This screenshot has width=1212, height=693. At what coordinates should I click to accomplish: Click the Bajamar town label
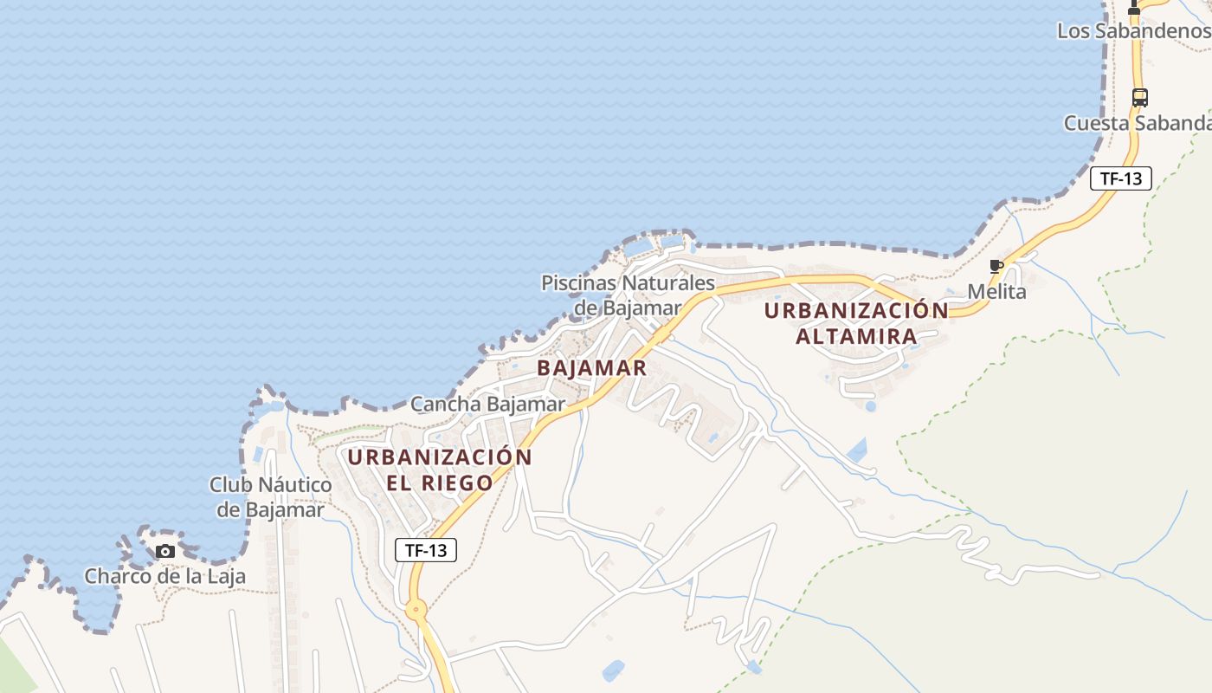click(591, 367)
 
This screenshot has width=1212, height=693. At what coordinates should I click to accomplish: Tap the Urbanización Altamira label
click(856, 323)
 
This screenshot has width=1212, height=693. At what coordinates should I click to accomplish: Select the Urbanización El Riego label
click(440, 470)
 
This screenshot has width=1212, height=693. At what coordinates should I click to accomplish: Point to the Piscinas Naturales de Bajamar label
click(629, 295)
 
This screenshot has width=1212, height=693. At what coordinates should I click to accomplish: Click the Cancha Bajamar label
click(487, 404)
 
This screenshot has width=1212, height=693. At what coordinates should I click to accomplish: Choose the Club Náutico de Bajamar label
click(270, 496)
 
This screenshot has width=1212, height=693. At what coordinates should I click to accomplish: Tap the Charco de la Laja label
click(164, 576)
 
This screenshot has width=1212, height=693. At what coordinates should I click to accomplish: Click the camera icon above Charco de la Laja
click(164, 551)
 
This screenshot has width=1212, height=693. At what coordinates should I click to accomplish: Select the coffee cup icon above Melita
click(996, 266)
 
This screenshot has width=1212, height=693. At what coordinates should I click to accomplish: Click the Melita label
click(996, 292)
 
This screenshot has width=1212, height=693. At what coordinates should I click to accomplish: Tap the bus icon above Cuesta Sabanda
click(1139, 97)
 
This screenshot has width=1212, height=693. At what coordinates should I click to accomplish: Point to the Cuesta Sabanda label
click(1137, 123)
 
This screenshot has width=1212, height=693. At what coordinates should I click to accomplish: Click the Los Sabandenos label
click(1133, 31)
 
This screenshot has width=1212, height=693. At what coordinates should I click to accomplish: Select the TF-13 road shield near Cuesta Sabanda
click(1120, 178)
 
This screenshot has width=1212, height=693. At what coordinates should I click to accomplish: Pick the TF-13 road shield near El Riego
click(426, 549)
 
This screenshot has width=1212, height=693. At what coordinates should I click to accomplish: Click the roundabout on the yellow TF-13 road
click(417, 610)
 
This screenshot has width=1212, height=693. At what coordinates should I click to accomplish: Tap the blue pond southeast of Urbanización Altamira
click(857, 450)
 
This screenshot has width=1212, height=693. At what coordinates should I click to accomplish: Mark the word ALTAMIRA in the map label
click(856, 336)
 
